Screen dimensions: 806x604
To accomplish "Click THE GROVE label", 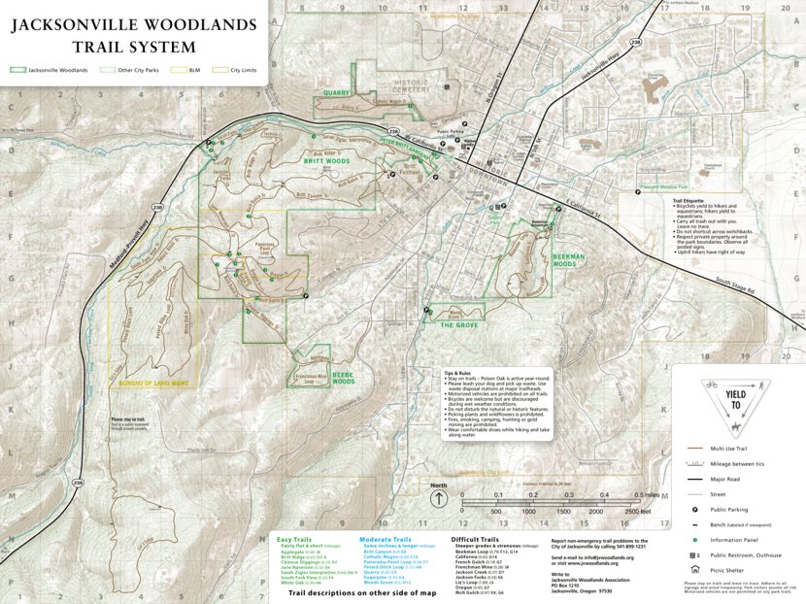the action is coord(459,325).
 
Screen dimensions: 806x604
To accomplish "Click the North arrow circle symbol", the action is coord(439,499).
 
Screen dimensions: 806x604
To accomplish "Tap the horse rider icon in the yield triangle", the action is coord(737,427).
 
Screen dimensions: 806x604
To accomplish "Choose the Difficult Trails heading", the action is coord(476,539).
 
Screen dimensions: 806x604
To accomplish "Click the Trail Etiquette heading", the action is coord(688,200).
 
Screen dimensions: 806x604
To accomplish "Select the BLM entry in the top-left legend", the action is coord(194,70).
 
